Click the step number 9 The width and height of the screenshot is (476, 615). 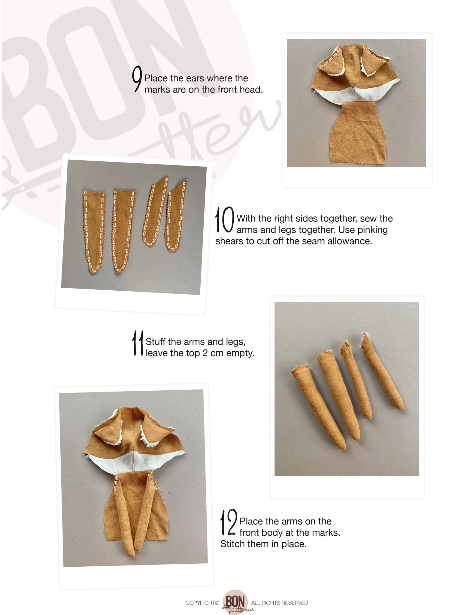point(137,80)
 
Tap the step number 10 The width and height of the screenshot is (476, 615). point(224,220)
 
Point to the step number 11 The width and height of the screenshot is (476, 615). point(138,343)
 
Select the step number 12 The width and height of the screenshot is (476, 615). point(229,523)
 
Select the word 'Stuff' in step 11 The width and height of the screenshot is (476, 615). point(155,341)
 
